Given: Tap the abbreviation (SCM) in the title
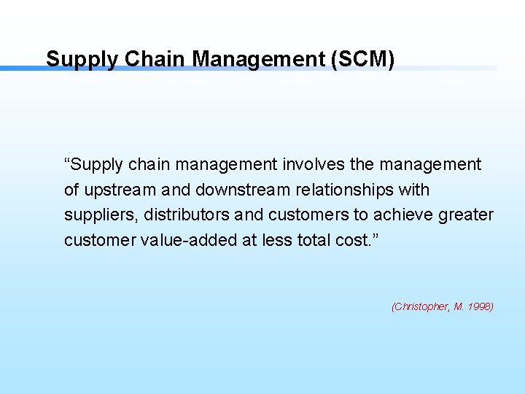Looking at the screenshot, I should (x=362, y=58).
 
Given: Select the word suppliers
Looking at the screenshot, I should (x=101, y=215).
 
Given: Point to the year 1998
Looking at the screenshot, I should (x=481, y=307).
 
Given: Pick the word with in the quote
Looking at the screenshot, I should (x=414, y=190).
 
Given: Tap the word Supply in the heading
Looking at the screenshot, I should (x=81, y=59).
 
